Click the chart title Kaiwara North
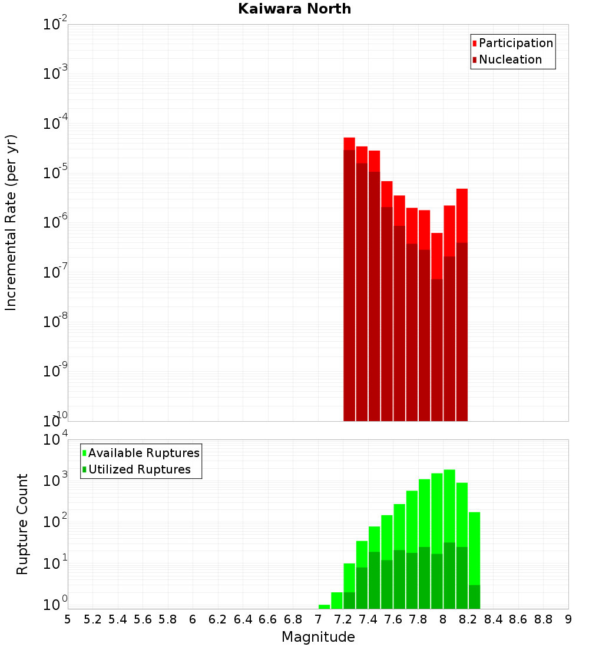(x=294, y=9)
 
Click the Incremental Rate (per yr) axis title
(x=11, y=223)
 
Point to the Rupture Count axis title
(x=22, y=524)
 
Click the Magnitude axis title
(x=318, y=637)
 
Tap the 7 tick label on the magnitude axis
(x=318, y=619)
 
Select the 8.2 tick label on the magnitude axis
(x=468, y=619)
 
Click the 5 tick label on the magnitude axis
(x=68, y=619)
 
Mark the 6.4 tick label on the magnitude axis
(x=243, y=619)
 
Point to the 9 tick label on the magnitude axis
(x=568, y=619)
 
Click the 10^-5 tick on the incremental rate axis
(x=56, y=173)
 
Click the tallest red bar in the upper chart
(x=349, y=235)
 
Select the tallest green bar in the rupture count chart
(x=449, y=529)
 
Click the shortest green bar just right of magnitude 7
(x=324, y=606)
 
